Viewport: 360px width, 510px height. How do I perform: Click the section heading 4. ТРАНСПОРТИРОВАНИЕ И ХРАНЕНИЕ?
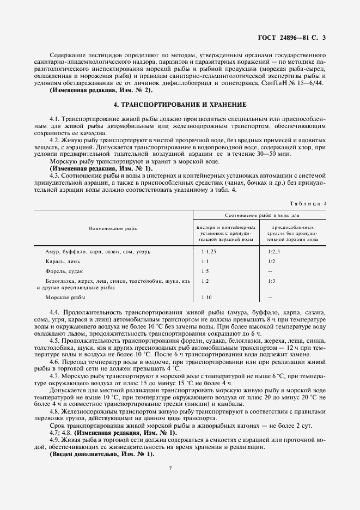click(x=180, y=104)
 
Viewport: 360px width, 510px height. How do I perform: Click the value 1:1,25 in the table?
click(x=208, y=252)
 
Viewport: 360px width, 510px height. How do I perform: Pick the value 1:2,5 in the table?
click(x=273, y=252)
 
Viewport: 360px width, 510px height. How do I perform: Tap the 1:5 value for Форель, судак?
click(x=205, y=271)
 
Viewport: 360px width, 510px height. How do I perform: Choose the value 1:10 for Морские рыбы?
click(x=206, y=297)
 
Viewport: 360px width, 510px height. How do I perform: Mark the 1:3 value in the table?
click(x=271, y=281)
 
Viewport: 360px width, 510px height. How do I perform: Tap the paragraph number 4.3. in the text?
click(x=55, y=175)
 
